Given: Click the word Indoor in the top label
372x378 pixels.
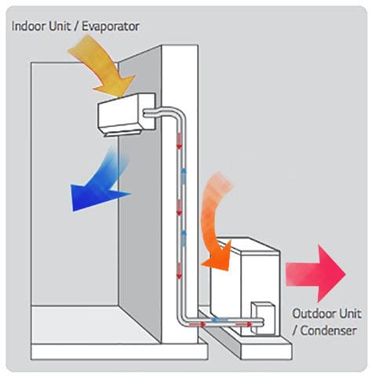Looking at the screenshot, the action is point(26,27).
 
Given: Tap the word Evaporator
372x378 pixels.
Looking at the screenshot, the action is point(111,27).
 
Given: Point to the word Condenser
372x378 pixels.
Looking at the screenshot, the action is point(328,331).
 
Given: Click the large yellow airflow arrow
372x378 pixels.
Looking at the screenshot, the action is point(104,65).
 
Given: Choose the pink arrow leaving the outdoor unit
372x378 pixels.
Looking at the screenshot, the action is point(315,274).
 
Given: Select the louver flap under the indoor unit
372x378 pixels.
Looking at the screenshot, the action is point(123,134).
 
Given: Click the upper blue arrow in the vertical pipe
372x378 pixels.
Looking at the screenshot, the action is point(184,176).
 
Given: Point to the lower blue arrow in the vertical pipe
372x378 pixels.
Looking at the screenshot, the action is point(184,238).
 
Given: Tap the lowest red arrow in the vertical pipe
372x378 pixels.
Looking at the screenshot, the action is point(179,271).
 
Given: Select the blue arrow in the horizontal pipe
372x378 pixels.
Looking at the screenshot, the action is point(219,320).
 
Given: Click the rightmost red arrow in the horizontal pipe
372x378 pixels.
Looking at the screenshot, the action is point(244,325).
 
